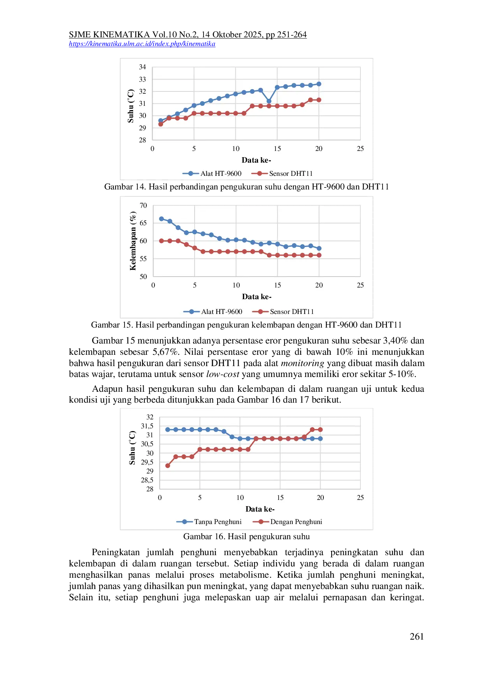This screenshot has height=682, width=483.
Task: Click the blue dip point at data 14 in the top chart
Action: (269, 101)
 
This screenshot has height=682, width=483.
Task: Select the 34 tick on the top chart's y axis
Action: (142, 67)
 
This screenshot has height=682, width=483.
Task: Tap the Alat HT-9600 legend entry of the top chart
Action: (212, 174)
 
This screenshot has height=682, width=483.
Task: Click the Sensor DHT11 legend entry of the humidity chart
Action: (283, 312)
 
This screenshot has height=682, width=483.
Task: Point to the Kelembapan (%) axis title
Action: (133, 241)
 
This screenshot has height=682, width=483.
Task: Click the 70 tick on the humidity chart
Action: (143, 205)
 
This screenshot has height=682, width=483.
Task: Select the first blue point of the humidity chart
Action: (162, 219)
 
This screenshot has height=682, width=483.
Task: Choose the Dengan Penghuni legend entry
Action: (288, 522)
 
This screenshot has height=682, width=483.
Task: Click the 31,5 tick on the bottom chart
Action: (147, 426)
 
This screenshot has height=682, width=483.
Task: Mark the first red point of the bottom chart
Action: (168, 466)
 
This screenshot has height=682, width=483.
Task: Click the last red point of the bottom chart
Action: (320, 430)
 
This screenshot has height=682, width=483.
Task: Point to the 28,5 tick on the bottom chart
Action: (147, 480)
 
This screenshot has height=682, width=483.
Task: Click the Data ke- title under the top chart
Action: (256, 160)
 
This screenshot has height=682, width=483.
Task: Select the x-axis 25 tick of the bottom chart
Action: (360, 498)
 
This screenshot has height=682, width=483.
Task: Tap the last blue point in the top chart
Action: (319, 84)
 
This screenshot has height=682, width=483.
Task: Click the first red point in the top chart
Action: (161, 124)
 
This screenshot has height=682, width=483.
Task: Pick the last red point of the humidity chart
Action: (319, 255)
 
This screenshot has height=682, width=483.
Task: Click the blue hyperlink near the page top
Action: (142, 44)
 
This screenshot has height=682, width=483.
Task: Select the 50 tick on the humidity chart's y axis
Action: (143, 277)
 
